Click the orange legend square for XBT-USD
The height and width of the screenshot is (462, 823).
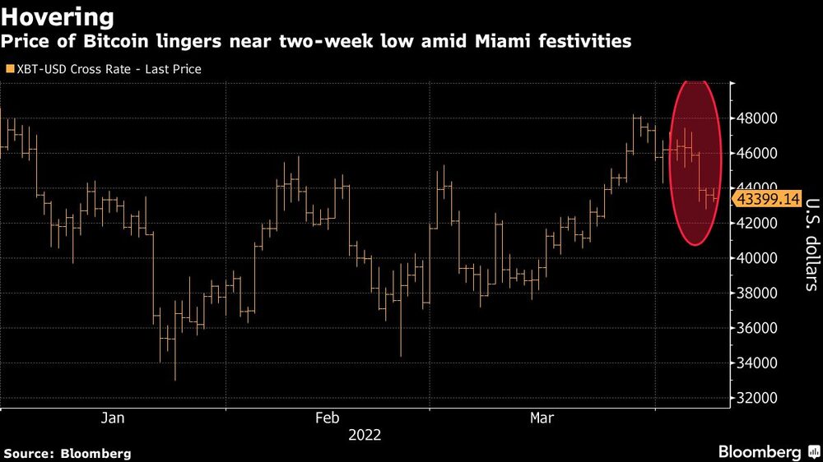pyautogui.click(x=9, y=69)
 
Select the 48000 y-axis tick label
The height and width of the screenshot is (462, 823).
pyautogui.click(x=756, y=118)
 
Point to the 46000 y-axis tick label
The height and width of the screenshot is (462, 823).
pyautogui.click(x=756, y=154)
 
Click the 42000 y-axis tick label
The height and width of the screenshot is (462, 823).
pyautogui.click(x=756, y=224)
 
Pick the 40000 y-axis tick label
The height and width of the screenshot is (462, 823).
pyautogui.click(x=756, y=258)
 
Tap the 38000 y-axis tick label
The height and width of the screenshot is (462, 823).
pyautogui.click(x=756, y=293)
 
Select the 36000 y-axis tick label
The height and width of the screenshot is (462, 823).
pyautogui.click(x=756, y=328)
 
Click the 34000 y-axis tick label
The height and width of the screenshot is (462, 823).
pyautogui.click(x=756, y=363)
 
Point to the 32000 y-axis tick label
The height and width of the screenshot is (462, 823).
pyautogui.click(x=756, y=398)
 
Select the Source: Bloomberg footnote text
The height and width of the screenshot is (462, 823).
pyautogui.click(x=67, y=453)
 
